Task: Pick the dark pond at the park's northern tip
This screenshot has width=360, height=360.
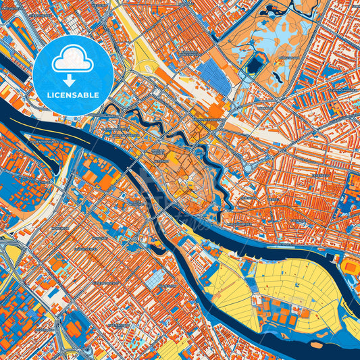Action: pos(276,11)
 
